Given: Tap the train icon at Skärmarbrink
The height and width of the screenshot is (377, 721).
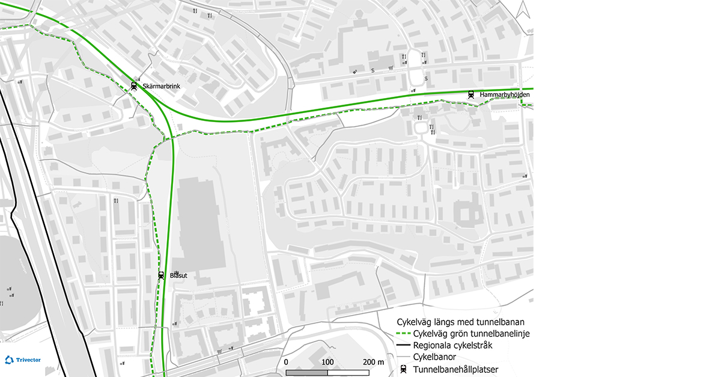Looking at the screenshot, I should [x=134, y=86].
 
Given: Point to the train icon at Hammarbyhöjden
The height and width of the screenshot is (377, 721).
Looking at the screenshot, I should [x=471, y=94].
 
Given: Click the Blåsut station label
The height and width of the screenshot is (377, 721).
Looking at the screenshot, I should [x=178, y=275].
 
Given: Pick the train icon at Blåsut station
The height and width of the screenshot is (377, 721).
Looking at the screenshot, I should [x=161, y=275].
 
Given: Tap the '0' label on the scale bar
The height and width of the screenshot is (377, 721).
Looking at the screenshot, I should [x=286, y=362].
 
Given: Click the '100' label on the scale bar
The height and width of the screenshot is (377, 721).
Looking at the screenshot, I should [x=327, y=362].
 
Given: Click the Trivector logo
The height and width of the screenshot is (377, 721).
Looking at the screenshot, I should [x=23, y=360].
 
